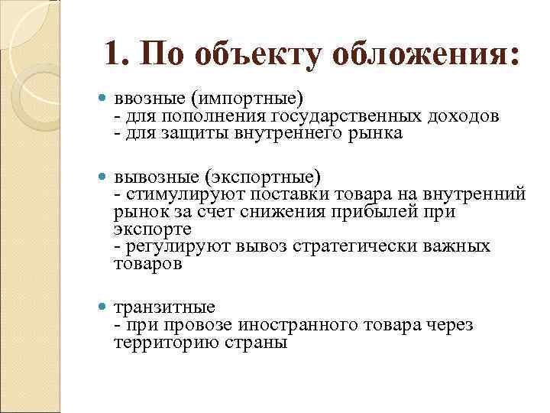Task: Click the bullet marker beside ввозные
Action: pos(104,99)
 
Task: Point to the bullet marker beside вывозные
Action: pos(104,176)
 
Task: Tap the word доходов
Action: pos(464,116)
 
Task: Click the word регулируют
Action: pos(166,247)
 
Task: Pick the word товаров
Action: pos(147,264)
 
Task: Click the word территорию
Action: pos(160,343)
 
